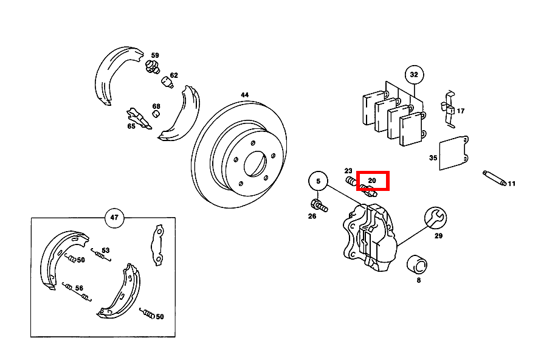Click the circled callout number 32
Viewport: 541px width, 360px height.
[414, 75]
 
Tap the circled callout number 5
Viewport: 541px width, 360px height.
[318, 181]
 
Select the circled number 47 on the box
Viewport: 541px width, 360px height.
[114, 218]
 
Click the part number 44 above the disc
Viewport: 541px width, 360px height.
[244, 95]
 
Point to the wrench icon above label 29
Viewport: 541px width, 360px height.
[435, 218]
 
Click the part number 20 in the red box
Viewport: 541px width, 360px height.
[372, 180]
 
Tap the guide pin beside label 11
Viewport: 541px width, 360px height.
[494, 178]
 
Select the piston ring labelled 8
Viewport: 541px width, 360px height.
[417, 265]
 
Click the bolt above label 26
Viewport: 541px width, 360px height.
[319, 206]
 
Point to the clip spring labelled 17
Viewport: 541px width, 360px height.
[448, 108]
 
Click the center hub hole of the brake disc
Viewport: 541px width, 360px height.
[255, 164]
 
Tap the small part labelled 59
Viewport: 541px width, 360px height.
[152, 66]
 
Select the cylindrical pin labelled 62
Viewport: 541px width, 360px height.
[167, 82]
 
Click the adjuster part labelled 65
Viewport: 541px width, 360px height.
[139, 118]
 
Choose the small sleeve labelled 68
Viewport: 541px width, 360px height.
[156, 114]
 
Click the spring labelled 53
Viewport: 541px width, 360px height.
[101, 255]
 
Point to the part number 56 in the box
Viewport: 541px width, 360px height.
[79, 288]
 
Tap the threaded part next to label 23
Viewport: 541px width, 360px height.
[351, 181]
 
